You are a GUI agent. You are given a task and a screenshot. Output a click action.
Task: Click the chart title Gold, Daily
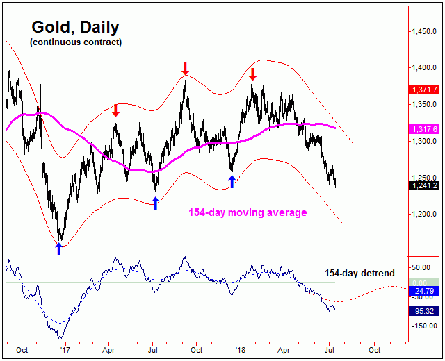pyautogui.click(x=75, y=28)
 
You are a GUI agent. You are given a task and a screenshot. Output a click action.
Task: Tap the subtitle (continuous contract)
pyautogui.click(x=75, y=42)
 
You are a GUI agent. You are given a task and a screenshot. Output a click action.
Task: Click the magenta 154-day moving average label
pyautogui.click(x=248, y=212)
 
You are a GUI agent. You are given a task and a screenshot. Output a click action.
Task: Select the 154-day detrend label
pyautogui.click(x=359, y=274)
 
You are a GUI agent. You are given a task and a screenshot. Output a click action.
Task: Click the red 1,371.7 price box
pyautogui.click(x=423, y=90)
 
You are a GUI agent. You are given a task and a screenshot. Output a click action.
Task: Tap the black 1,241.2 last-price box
pyautogui.click(x=423, y=185)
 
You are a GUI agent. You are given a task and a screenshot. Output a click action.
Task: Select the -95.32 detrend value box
pyautogui.click(x=423, y=311)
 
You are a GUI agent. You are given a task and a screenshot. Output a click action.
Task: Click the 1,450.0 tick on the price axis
pyautogui.click(x=423, y=32)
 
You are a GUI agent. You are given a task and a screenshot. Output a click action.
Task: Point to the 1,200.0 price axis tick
pyautogui.click(x=423, y=215)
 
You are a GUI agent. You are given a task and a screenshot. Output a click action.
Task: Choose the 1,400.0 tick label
pyautogui.click(x=423, y=68)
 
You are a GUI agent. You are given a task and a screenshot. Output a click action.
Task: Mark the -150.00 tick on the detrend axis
pyautogui.click(x=423, y=325)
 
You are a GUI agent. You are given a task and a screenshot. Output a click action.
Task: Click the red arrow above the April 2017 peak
pyautogui.click(x=116, y=110)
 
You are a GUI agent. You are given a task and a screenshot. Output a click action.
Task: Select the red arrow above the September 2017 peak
pyautogui.click(x=185, y=68)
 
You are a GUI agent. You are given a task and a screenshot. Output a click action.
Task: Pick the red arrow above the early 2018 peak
pyautogui.click(x=253, y=74)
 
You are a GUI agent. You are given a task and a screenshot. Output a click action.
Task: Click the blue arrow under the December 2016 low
pyautogui.click(x=59, y=249)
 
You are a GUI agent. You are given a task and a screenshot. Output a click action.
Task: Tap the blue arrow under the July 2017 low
pyautogui.click(x=156, y=203)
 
